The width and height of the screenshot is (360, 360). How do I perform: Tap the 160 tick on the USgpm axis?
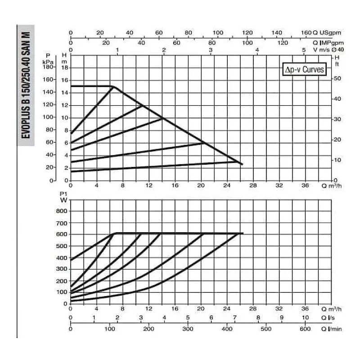[x=306, y=33]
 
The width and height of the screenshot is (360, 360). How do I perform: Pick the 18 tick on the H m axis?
[x=64, y=67]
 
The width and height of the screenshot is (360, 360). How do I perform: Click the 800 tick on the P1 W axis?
[x=60, y=210]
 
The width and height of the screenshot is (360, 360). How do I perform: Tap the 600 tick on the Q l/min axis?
[x=305, y=329]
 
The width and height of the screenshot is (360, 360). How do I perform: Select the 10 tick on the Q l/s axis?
[x=305, y=318]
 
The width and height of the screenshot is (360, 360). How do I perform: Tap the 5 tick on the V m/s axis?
[x=304, y=49]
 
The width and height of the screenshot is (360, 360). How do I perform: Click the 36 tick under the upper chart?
[x=305, y=185]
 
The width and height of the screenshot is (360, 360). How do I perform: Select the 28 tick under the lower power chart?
[x=252, y=309]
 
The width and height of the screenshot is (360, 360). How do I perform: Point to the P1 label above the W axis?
[x=62, y=193]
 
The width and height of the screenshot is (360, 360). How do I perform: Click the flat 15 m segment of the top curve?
[x=90, y=86]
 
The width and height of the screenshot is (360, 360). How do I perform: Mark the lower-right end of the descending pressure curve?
[x=242, y=164]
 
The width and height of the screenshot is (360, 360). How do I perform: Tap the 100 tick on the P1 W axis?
[x=60, y=292]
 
